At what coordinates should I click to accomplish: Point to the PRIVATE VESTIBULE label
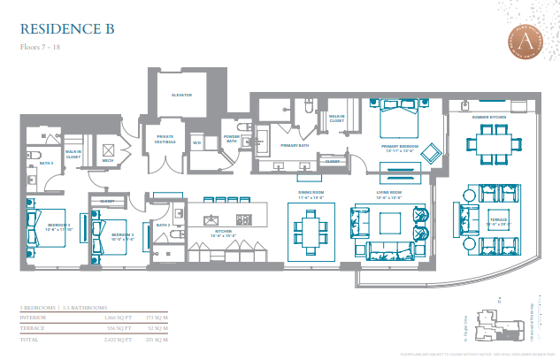165,140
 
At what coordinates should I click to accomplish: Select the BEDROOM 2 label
121,235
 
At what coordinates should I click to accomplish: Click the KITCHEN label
225,234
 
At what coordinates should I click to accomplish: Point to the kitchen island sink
212,218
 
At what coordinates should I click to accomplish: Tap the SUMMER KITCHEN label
487,116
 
